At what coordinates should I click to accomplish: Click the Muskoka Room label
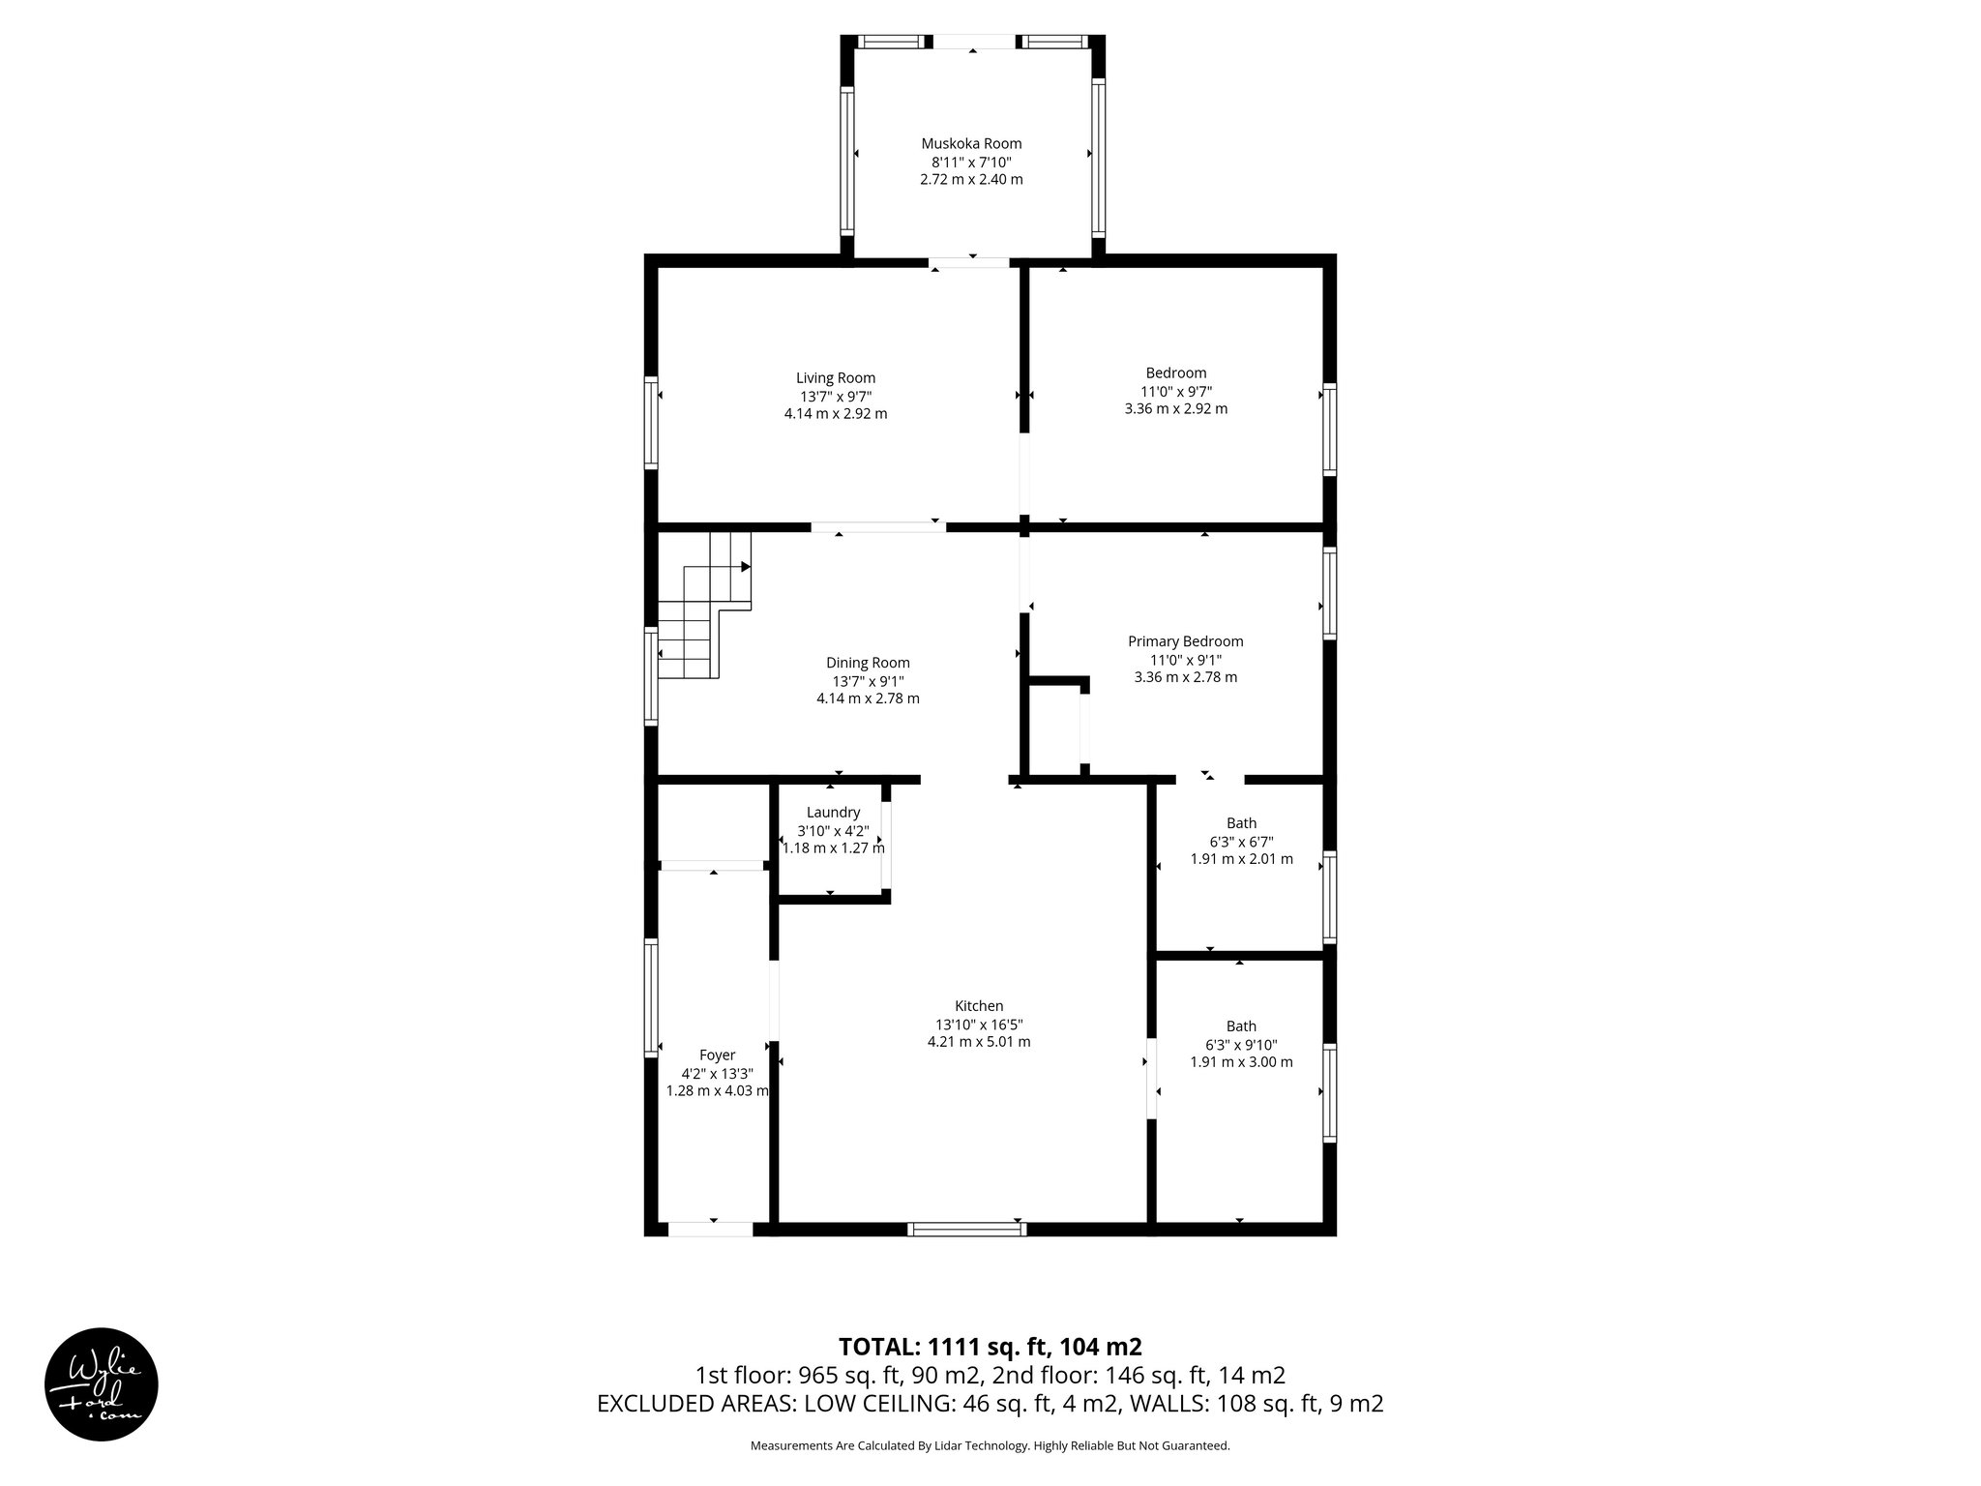971,143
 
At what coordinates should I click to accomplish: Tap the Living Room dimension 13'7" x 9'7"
836,396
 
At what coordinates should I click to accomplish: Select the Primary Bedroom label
1185,641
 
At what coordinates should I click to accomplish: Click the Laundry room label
833,813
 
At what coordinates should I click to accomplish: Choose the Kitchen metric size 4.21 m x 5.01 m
978,1042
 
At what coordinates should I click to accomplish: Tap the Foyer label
717,1055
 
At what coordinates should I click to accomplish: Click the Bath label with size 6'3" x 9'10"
1241,1026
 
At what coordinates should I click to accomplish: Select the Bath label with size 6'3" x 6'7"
1241,824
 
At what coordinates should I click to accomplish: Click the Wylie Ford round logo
102,1383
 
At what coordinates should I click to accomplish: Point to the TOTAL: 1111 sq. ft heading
990,1347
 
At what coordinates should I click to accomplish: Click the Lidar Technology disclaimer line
990,1445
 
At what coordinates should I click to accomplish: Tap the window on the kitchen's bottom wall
966,1229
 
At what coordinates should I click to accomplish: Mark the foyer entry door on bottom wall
711,1229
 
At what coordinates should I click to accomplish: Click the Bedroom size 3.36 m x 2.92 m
1175,408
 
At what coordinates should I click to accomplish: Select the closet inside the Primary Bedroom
1054,730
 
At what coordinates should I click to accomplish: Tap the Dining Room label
868,663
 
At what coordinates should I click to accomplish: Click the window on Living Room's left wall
652,423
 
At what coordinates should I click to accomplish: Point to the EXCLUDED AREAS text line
990,1404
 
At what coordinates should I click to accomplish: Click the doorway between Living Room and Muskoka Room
969,261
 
